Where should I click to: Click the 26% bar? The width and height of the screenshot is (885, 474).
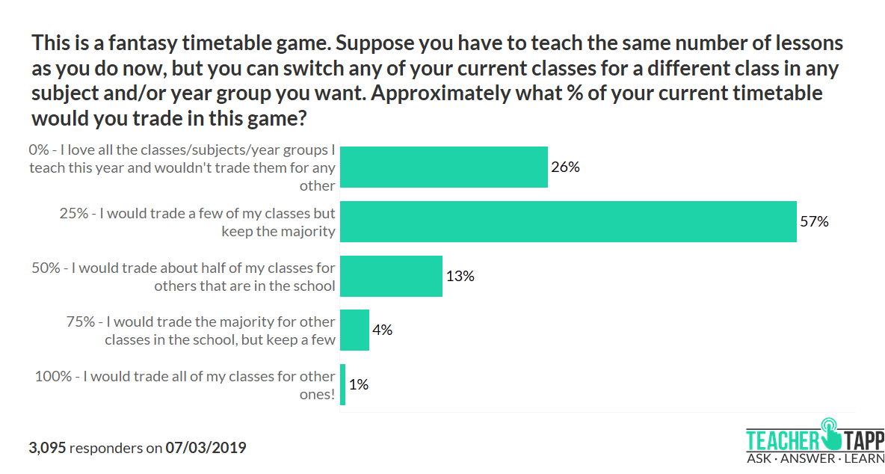pyautogui.click(x=444, y=167)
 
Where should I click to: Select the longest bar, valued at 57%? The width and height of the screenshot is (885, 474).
pyautogui.click(x=568, y=221)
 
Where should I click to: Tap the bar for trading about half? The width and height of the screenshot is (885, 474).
pyautogui.click(x=391, y=276)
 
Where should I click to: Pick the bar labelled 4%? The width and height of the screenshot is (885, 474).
pyautogui.click(x=354, y=330)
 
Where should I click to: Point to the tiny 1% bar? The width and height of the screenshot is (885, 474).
pyautogui.click(x=342, y=384)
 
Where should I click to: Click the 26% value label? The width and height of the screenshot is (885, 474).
pyautogui.click(x=565, y=167)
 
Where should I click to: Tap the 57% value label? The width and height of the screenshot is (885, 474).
pyautogui.click(x=814, y=221)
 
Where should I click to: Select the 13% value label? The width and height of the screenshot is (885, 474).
pyautogui.click(x=460, y=276)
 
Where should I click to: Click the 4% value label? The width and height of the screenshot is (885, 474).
pyautogui.click(x=383, y=330)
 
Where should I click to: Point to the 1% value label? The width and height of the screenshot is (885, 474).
pyautogui.click(x=359, y=384)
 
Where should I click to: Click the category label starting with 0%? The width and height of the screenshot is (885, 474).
pyautogui.click(x=182, y=167)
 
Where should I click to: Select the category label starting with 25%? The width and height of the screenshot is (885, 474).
pyautogui.click(x=197, y=222)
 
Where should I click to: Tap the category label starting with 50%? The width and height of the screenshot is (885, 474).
pyautogui.click(x=184, y=276)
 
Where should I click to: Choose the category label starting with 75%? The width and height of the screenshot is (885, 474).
pyautogui.click(x=200, y=330)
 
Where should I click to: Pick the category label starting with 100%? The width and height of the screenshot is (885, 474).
pyautogui.click(x=185, y=384)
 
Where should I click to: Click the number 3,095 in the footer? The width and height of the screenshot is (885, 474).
pyautogui.click(x=47, y=448)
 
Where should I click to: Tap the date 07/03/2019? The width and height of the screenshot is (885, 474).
pyautogui.click(x=206, y=448)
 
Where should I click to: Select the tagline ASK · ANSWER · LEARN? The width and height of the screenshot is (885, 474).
pyautogui.click(x=815, y=458)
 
